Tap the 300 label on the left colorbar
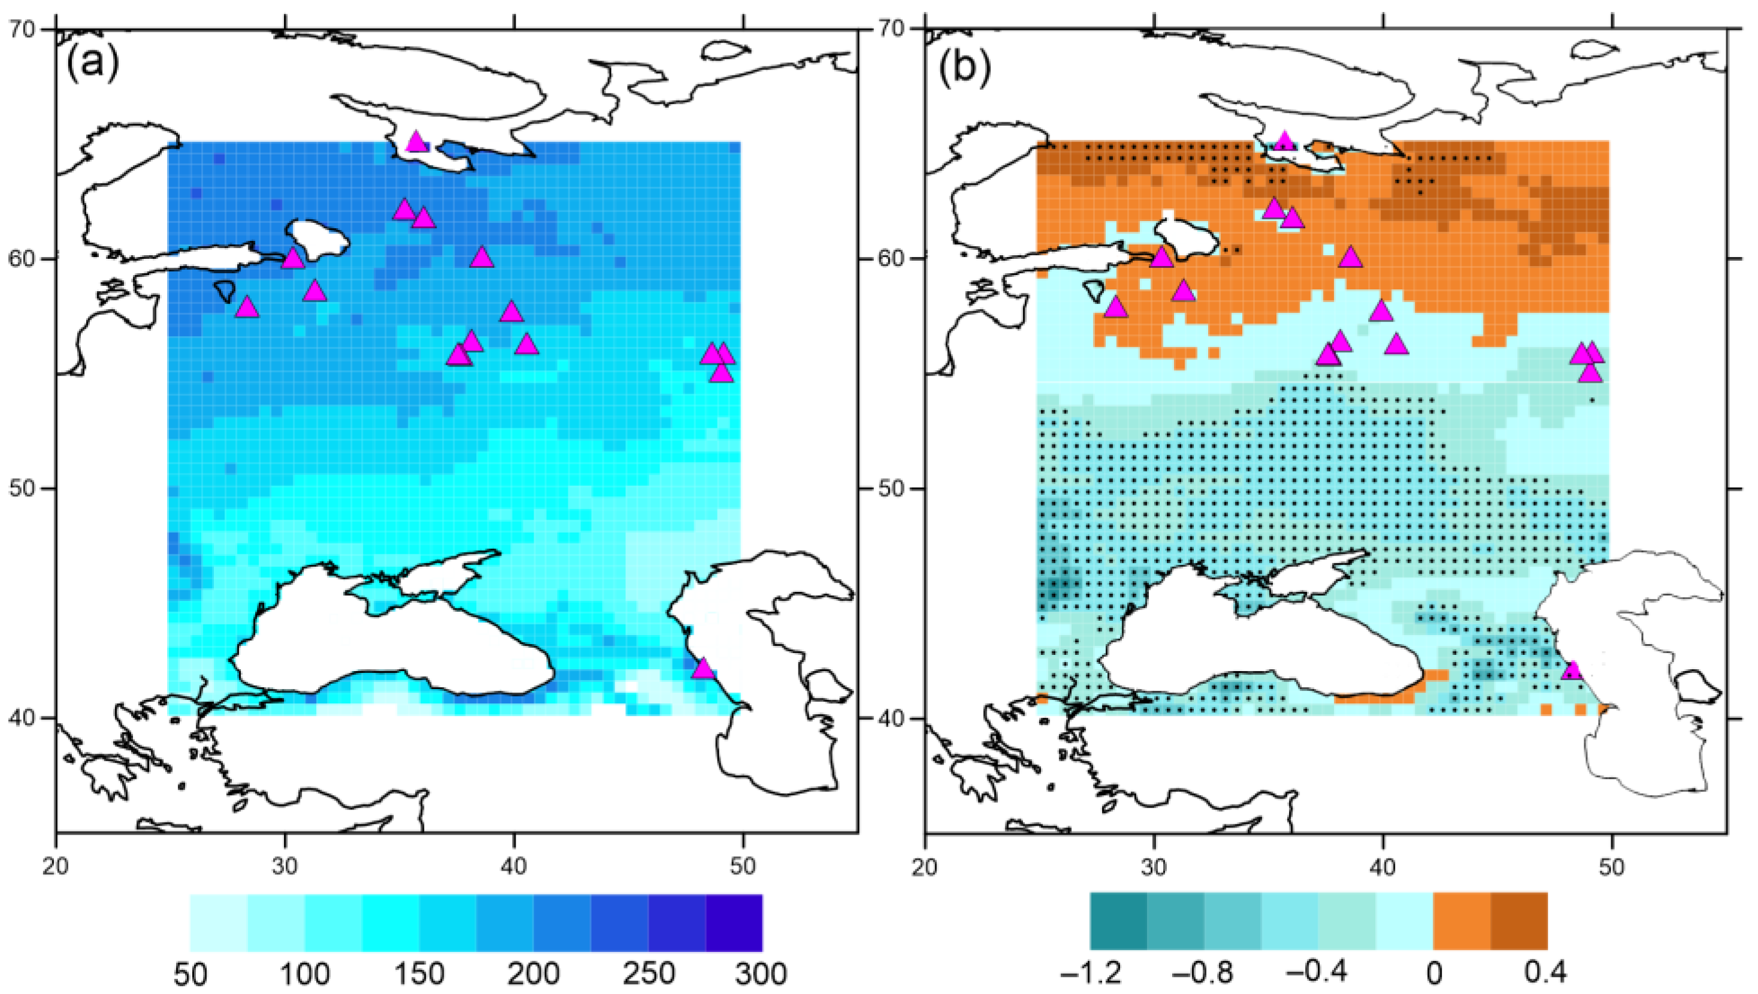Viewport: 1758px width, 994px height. [x=761, y=973]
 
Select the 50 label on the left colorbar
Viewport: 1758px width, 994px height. [x=190, y=973]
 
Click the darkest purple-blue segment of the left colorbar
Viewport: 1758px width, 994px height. [x=734, y=922]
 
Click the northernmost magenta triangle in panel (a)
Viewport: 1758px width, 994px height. [x=416, y=142]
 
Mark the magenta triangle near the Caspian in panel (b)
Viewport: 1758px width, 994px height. [x=1572, y=670]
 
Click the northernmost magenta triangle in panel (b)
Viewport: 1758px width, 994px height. [x=1285, y=141]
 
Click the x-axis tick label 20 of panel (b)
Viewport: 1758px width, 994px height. [x=925, y=866]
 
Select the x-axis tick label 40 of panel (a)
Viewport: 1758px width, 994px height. [x=513, y=866]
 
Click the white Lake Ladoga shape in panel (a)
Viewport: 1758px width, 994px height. [x=318, y=239]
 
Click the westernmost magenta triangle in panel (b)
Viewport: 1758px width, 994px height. [x=1115, y=307]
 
